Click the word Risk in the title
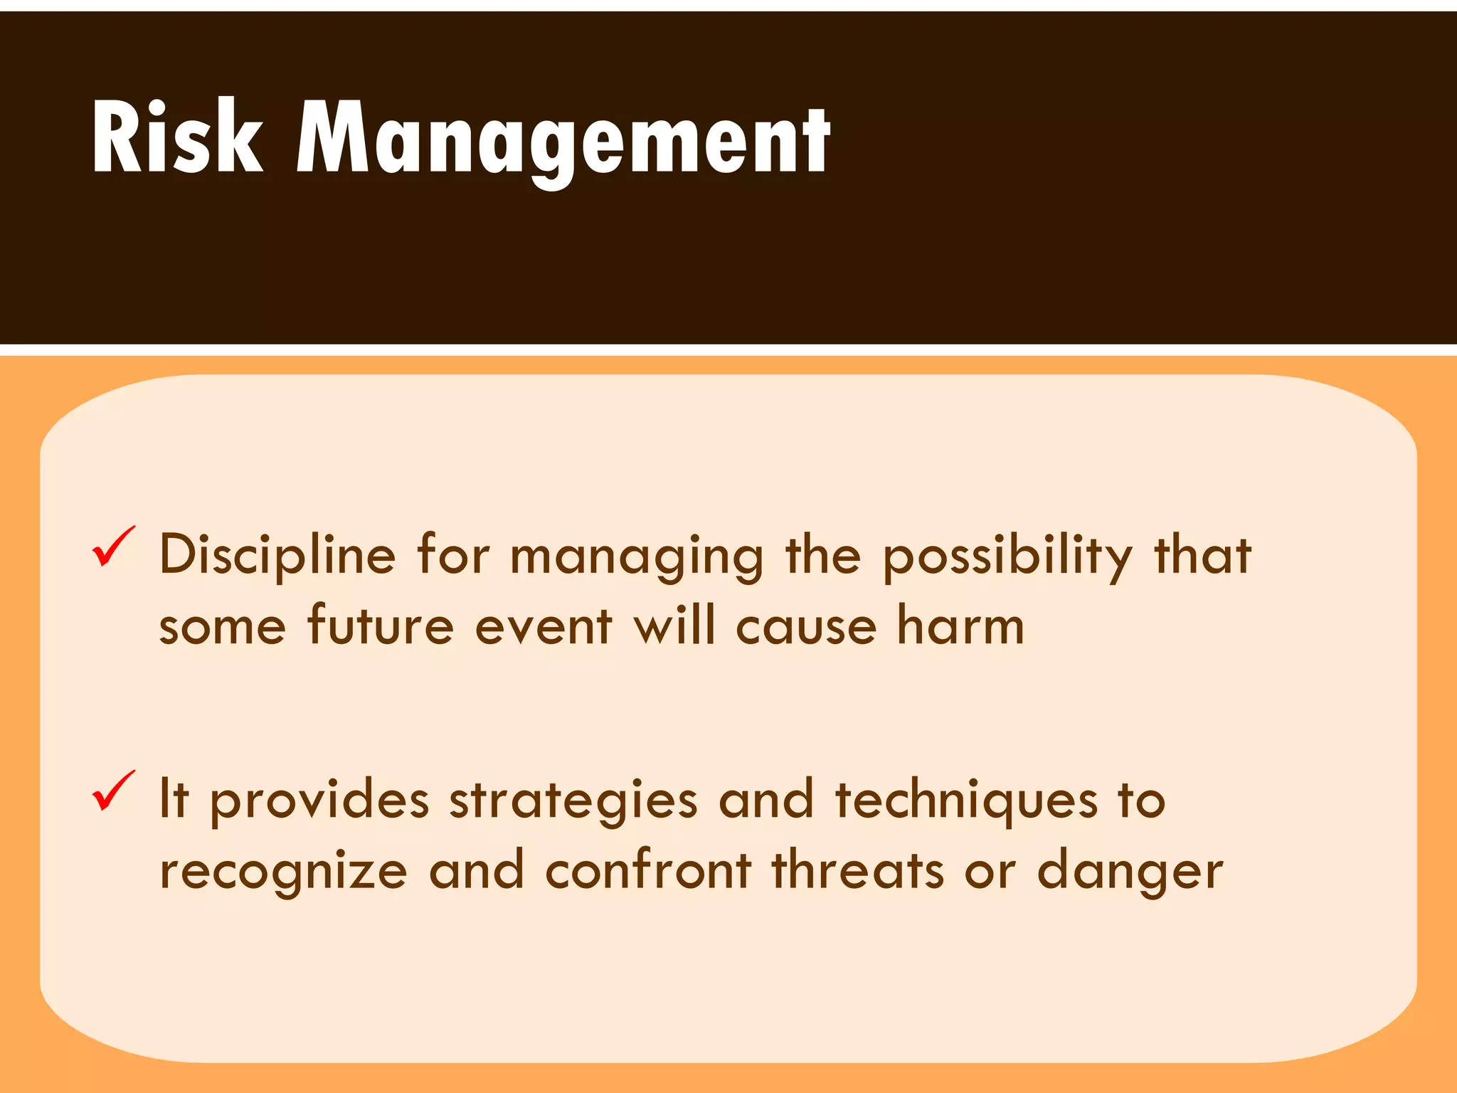point(177,137)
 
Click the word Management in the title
point(563,138)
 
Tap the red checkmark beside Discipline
point(113,547)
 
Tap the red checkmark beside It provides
point(113,791)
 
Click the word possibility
point(1007,557)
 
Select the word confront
point(648,870)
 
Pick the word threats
point(858,870)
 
